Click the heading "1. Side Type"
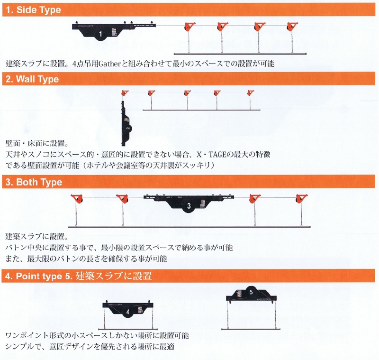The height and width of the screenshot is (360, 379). (33, 10)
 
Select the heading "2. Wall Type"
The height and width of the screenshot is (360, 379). (32, 79)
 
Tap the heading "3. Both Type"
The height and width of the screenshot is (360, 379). (34, 182)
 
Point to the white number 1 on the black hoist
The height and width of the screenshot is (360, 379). (100, 34)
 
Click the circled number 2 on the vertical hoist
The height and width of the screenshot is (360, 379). (128, 128)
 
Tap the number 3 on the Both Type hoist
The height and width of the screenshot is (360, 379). (189, 206)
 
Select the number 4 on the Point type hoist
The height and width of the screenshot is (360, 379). (127, 312)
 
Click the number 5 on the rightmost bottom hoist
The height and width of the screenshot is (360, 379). (251, 292)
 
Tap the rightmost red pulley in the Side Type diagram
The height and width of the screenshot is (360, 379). (292, 27)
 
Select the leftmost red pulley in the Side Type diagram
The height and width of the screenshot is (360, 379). (190, 27)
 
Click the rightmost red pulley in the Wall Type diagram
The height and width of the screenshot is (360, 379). (251, 93)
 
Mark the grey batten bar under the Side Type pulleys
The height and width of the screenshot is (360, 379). (240, 54)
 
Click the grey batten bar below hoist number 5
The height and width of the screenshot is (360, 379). (251, 329)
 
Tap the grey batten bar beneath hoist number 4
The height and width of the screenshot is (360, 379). (128, 329)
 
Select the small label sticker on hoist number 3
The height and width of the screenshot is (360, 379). (203, 203)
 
